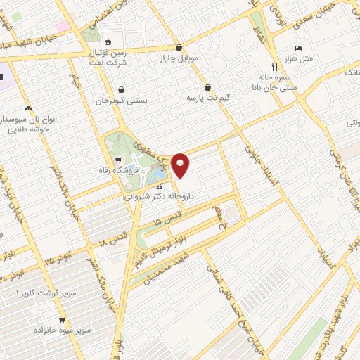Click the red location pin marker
click(x=181, y=165)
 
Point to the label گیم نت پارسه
click(x=206, y=96)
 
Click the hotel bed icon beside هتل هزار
click(x=298, y=48)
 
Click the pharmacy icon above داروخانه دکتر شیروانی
click(x=159, y=187)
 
